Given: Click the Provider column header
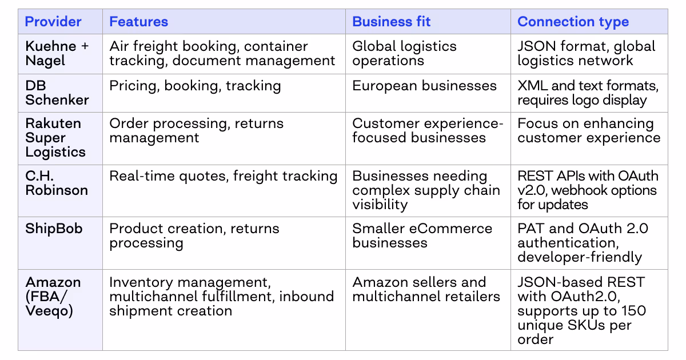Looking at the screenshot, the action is (53, 22).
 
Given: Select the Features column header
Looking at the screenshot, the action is (138, 22).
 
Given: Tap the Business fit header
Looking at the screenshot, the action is (391, 22).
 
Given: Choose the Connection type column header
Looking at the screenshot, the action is (573, 22).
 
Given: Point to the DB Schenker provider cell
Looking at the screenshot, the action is (57, 93).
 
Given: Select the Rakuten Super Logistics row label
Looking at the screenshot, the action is (55, 138).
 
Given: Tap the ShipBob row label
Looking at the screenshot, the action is (54, 229).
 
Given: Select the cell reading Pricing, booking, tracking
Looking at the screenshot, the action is (195, 86).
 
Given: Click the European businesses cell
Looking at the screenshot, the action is (424, 86).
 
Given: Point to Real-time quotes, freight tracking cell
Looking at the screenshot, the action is (223, 176).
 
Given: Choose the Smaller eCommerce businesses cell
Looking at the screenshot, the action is (422, 235).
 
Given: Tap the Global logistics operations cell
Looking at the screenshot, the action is (404, 53).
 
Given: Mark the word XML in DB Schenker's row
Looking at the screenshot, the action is (531, 86).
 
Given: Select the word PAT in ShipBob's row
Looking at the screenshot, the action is (529, 229).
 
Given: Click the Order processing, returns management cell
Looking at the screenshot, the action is (196, 130).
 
